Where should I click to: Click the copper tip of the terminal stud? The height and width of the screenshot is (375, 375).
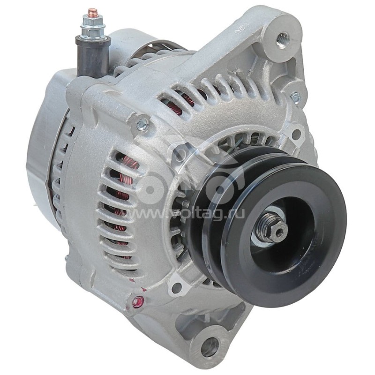92,11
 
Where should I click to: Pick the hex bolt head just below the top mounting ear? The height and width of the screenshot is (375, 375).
295,97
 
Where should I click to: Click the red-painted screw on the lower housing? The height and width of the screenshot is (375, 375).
137,301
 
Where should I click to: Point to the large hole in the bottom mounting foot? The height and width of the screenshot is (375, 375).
210,346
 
